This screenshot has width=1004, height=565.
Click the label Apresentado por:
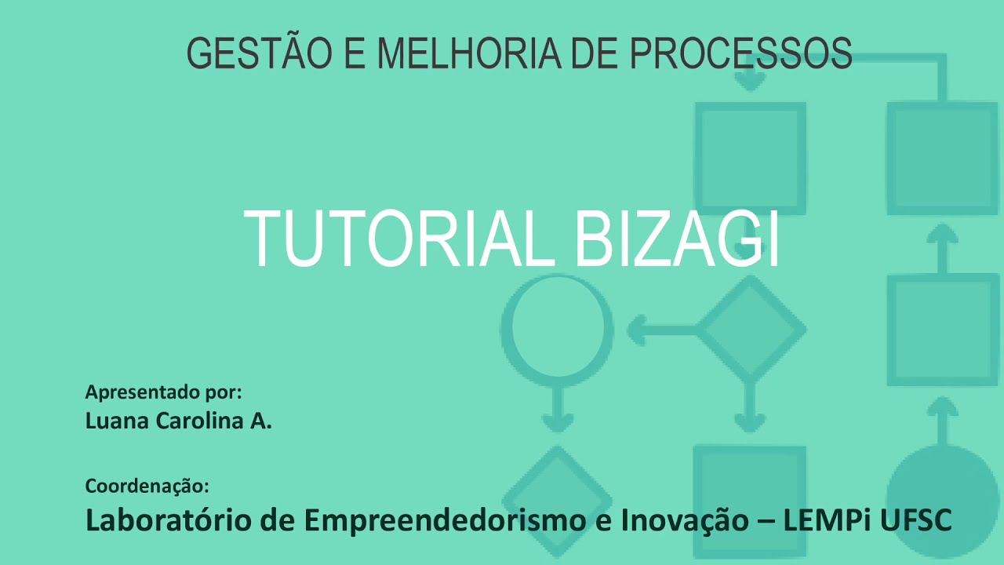point(163,392)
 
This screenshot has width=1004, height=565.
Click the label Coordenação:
point(147,486)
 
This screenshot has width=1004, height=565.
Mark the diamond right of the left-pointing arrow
point(751,329)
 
